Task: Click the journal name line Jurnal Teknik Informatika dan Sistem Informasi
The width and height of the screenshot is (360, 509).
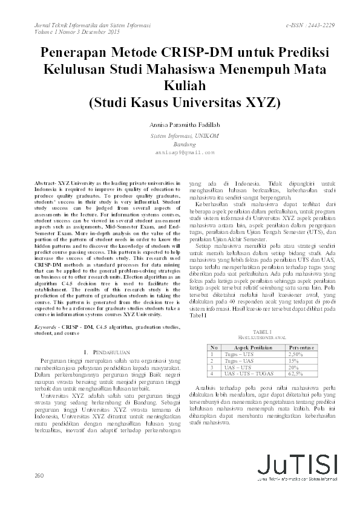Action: tap(87, 25)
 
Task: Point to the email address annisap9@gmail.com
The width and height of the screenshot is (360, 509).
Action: tap(180, 153)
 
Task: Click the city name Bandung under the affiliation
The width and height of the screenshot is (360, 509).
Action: tap(180, 145)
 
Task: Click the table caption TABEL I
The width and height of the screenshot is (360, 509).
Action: tap(262, 332)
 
